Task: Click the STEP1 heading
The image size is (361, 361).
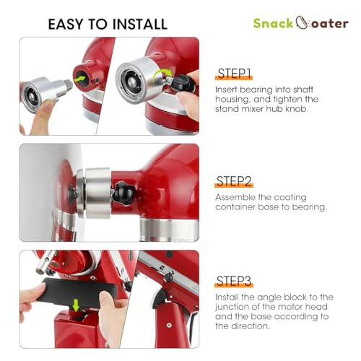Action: (x=234, y=73)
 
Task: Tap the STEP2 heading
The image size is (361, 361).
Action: (x=234, y=181)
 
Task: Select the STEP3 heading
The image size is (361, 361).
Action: (x=234, y=281)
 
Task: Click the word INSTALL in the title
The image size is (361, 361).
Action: (x=140, y=24)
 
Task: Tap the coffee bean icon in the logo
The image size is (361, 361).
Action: (x=302, y=22)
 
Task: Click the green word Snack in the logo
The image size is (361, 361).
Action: (x=273, y=23)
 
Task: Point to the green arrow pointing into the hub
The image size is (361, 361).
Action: (x=80, y=79)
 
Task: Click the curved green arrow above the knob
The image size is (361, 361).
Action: (x=161, y=74)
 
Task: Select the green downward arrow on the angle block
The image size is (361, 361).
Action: (x=76, y=305)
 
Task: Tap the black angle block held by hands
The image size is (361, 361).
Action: (x=77, y=292)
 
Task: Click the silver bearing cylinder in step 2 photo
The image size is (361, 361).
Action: (x=98, y=193)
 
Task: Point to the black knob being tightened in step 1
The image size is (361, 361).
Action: (x=183, y=83)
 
